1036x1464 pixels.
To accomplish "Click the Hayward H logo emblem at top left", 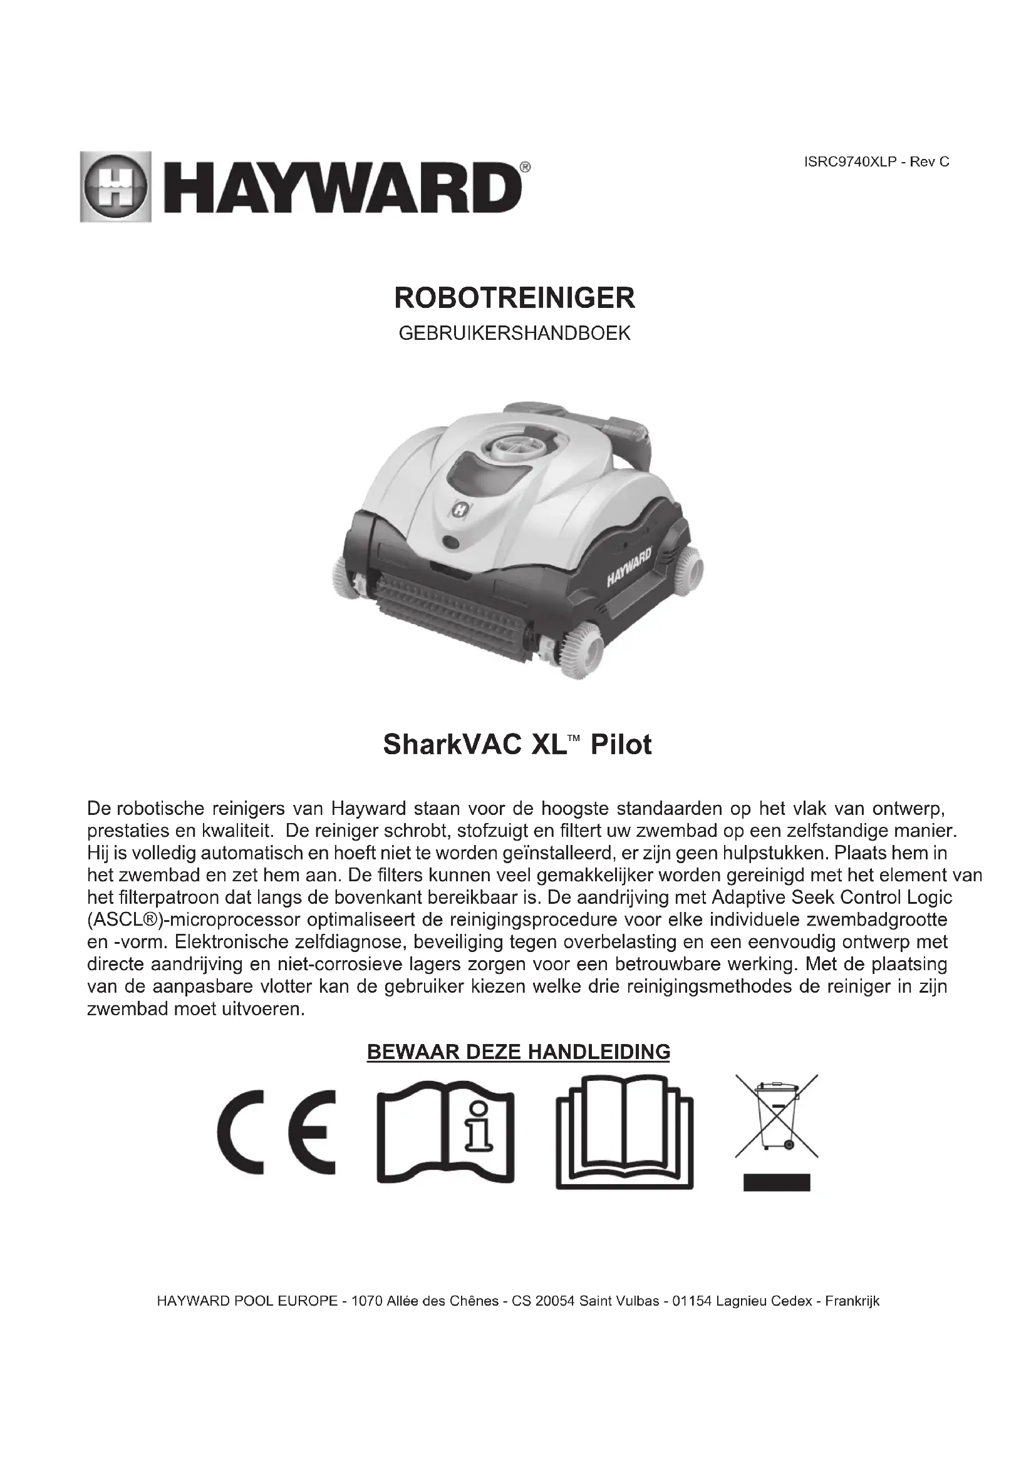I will pyautogui.click(x=115, y=186).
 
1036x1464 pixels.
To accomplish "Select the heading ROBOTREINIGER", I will pyautogui.click(x=515, y=299).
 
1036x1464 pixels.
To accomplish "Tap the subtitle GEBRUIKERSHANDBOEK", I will pyautogui.click(x=515, y=334).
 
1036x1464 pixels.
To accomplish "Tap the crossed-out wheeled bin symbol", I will pyautogui.click(x=776, y=1116).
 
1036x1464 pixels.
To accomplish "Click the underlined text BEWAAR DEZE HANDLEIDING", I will pyautogui.click(x=518, y=1052).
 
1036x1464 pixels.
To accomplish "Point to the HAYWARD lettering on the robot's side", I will pyautogui.click(x=628, y=566).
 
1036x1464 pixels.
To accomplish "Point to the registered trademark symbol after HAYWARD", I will pyautogui.click(x=524, y=167).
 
